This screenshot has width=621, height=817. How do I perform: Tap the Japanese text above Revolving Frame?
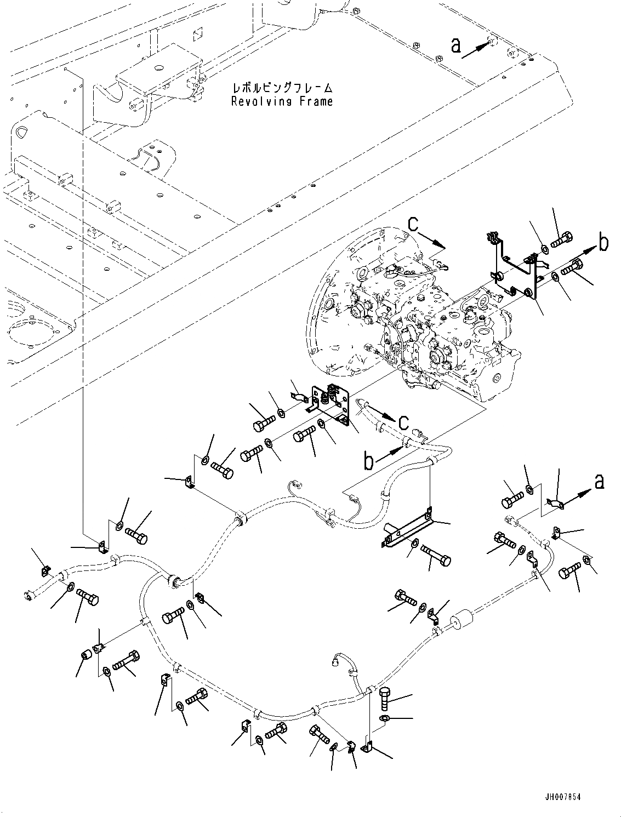click(x=282, y=88)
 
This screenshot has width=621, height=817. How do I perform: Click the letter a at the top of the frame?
click(x=455, y=46)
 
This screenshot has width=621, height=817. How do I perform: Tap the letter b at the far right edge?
click(x=603, y=243)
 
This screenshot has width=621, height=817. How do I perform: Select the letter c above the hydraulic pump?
click(x=413, y=224)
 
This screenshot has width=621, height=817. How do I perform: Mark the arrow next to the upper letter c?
click(x=432, y=240)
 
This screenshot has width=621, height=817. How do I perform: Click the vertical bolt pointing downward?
click(x=385, y=697)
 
